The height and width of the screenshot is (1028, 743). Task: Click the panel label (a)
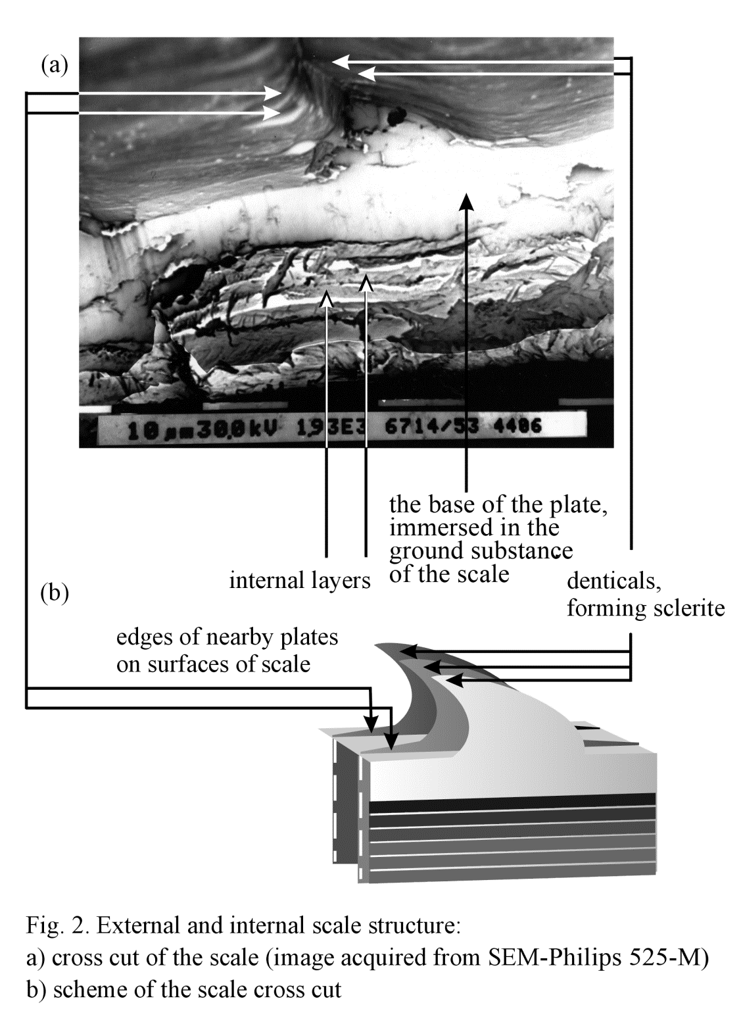point(55,66)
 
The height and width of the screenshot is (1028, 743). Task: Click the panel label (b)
point(55,593)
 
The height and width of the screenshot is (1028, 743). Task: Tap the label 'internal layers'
point(300,580)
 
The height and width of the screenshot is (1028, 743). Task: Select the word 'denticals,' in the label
point(613,581)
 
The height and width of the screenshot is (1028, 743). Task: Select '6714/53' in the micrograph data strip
point(431,427)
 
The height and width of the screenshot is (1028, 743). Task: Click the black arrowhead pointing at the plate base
point(467,201)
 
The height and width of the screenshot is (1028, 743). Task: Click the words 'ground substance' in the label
point(481,551)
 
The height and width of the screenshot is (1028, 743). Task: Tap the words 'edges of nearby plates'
point(227,637)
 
